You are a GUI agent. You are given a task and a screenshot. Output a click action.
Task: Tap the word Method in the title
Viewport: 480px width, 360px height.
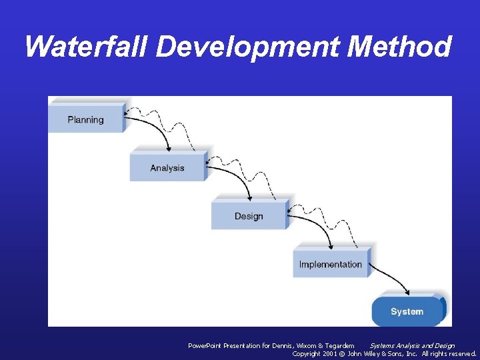pyautogui.click(x=400, y=47)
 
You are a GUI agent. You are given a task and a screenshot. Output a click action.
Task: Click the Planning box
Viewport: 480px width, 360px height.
pyautogui.click(x=85, y=120)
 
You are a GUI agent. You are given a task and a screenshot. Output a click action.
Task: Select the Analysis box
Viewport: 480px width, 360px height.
pyautogui.click(x=167, y=168)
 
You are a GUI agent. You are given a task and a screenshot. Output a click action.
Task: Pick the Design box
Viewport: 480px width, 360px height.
pyautogui.click(x=249, y=216)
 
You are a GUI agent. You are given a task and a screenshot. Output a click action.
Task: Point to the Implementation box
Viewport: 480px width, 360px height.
pyautogui.click(x=330, y=264)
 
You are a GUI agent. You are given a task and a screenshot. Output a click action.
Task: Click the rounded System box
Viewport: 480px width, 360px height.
pyautogui.click(x=407, y=311)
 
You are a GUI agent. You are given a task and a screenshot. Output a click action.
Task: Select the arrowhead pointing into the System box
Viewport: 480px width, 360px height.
pyautogui.click(x=406, y=292)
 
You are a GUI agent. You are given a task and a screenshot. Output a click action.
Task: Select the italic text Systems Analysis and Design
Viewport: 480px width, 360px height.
pyautogui.click(x=412, y=345)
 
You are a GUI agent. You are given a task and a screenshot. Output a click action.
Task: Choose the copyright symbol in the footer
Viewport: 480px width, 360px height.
pyautogui.click(x=343, y=353)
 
